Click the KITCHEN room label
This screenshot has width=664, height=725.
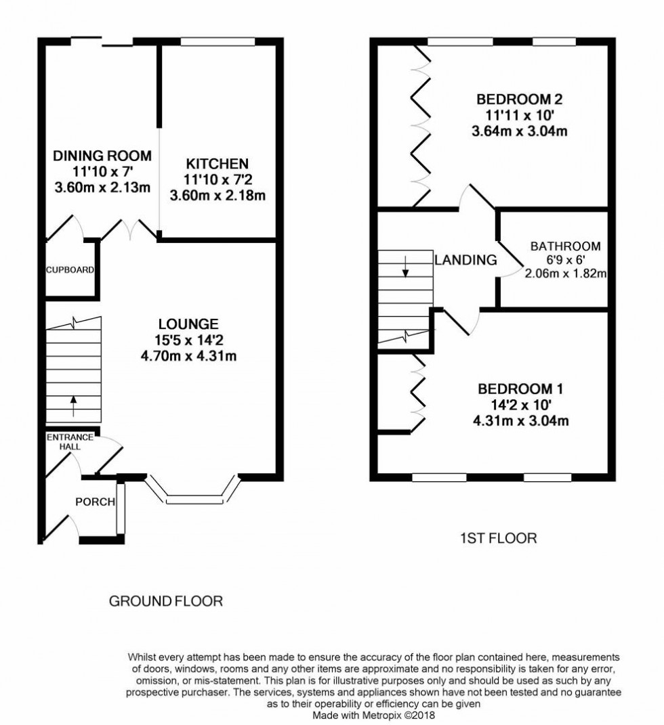pos(217,163)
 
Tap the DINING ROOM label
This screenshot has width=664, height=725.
pos(102,156)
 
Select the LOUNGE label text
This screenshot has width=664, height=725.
pos(188,324)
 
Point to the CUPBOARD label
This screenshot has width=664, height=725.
pos(70,269)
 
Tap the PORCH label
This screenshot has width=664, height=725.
pos(95,502)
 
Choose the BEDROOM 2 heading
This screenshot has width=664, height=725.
pos(519,100)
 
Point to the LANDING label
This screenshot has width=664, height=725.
pos(465,259)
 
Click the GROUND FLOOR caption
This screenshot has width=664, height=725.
pos(166,600)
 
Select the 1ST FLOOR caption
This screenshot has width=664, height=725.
pos(498,539)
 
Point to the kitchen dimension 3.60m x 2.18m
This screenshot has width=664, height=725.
pos(217,196)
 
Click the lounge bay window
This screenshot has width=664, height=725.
pos(194,500)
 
